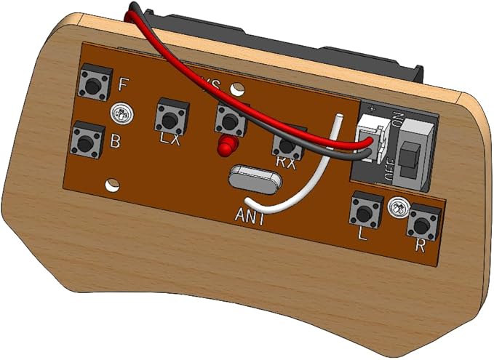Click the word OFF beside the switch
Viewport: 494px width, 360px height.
point(389,169)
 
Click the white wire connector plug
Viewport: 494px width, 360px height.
point(370,143)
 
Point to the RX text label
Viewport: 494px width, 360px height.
point(287,164)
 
